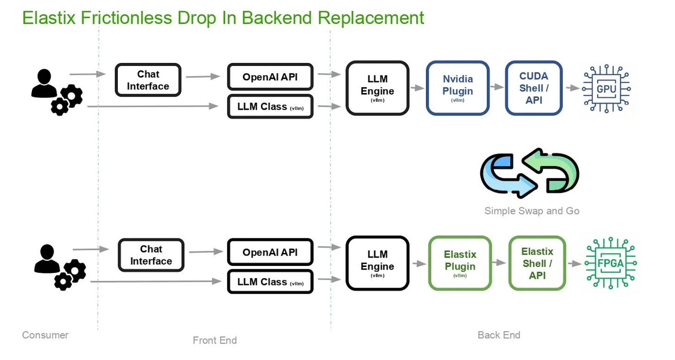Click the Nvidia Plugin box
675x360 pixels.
457,88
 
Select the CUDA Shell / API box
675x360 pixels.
534,88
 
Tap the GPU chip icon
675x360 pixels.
606,88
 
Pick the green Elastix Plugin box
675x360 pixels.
459,263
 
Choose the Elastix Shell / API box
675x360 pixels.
537,263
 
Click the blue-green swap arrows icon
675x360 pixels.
529,171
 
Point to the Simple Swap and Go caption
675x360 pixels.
532,211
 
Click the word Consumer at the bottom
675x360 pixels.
45,335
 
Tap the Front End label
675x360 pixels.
215,341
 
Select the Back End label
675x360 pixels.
499,335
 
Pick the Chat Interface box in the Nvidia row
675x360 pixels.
148,80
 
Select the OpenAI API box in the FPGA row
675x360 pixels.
270,253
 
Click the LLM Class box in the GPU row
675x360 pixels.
270,107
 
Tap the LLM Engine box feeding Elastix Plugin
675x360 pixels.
377,263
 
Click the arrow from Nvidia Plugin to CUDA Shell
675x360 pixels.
497,87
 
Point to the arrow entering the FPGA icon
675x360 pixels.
574,263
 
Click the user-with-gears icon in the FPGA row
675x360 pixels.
59,267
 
